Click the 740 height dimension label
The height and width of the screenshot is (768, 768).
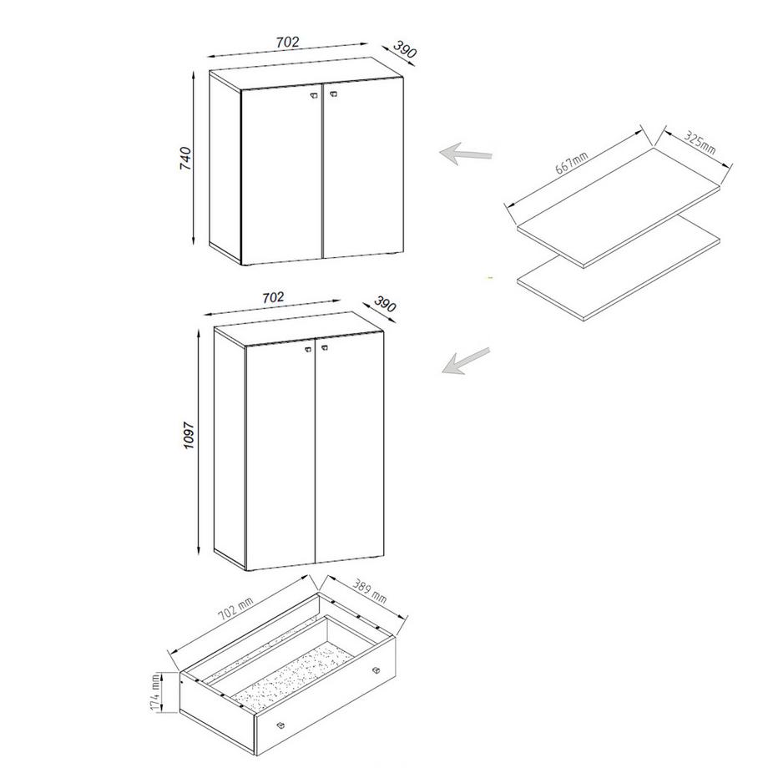click(x=185, y=158)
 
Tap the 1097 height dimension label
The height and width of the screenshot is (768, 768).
click(x=189, y=435)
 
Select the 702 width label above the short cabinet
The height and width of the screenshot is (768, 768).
click(x=287, y=43)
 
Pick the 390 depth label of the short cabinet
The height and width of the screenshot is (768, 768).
click(x=405, y=49)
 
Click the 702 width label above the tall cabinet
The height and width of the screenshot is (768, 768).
click(x=273, y=297)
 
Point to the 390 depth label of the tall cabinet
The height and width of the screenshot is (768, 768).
click(x=385, y=304)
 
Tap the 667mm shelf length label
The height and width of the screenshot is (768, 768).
click(x=572, y=163)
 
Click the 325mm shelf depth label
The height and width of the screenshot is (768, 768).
click(x=700, y=142)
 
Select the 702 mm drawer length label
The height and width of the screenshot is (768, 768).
click(x=235, y=609)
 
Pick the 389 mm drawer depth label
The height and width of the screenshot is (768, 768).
click(x=369, y=592)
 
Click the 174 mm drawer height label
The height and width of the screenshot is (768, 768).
click(x=156, y=692)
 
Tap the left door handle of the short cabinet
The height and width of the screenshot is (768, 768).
click(x=314, y=96)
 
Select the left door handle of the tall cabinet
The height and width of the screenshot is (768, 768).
click(x=309, y=348)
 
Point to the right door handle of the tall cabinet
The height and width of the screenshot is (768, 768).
click(x=324, y=347)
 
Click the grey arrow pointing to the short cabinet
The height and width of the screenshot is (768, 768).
click(x=465, y=154)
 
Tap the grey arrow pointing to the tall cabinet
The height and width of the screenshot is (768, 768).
click(x=465, y=361)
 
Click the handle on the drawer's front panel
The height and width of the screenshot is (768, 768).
click(x=280, y=725)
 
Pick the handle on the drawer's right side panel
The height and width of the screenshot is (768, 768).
click(x=376, y=670)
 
